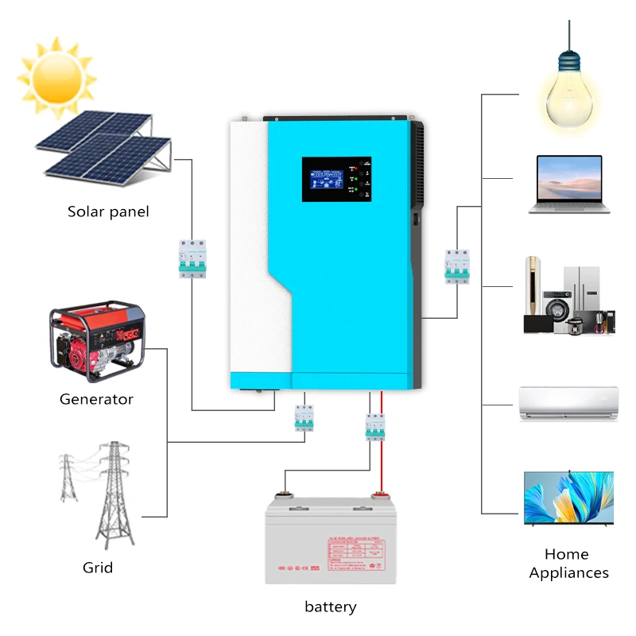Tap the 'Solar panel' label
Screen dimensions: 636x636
108,211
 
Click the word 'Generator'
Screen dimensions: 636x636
96,399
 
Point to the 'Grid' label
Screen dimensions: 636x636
98,568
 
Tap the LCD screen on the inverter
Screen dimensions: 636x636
326,177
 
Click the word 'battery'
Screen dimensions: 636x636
331,607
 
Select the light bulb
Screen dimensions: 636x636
568,91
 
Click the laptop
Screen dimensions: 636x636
568,184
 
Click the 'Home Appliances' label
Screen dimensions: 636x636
568,564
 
